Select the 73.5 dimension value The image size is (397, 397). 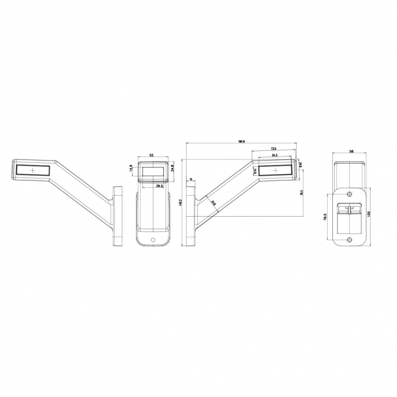pos(274,149)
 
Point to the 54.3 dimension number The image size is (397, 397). pos(274,155)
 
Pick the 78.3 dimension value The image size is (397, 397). pos(301,193)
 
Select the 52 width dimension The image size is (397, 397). pos(151,154)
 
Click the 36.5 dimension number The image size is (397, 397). pos(160,185)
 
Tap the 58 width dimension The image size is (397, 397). pos(352,151)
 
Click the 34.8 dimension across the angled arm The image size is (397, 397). pos(213,202)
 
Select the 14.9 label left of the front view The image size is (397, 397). pos(131,168)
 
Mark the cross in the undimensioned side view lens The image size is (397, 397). pos(33,170)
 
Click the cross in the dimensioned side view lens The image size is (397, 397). pos(275,170)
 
